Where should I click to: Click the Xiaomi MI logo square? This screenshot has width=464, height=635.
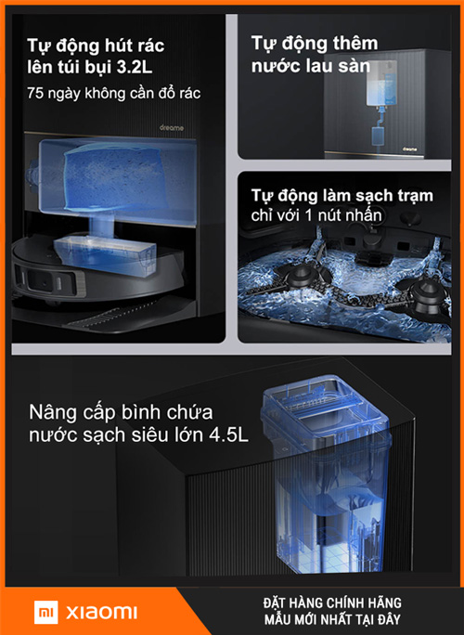click(45, 612)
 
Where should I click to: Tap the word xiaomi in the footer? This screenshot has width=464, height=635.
click(102, 612)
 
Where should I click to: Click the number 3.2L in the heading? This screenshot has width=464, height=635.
click(135, 67)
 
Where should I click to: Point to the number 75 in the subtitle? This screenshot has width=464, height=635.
click(35, 93)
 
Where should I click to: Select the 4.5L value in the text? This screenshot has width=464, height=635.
click(228, 435)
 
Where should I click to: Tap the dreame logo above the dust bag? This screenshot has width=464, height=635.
click(172, 128)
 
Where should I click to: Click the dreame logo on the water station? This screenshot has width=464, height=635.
click(410, 149)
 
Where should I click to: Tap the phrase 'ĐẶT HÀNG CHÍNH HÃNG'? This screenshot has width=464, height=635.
click(332, 603)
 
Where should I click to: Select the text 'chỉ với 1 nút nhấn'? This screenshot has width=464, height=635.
click(316, 215)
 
